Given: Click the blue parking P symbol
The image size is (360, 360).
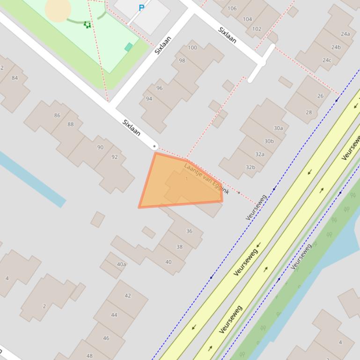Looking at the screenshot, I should [x=141, y=7].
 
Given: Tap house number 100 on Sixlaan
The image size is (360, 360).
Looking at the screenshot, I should [x=192, y=47].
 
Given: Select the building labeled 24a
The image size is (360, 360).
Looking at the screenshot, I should [x=345, y=34].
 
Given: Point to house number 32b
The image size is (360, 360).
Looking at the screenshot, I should [x=250, y=167].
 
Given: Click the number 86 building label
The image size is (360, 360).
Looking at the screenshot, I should [x=57, y=115].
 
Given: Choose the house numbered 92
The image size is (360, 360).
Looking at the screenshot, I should [x=114, y=157].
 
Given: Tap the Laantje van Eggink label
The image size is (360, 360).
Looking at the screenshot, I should [x=206, y=178].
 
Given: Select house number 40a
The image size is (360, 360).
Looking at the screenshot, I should [x=121, y=264].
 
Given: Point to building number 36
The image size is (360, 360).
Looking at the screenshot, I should [x=189, y=230].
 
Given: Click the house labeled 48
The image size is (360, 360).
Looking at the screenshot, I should [x=89, y=355].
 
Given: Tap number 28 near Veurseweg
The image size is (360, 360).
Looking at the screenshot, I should [x=309, y=112].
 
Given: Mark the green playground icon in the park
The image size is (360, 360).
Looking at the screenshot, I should [x=87, y=25].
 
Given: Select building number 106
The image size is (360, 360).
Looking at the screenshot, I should [x=232, y=8].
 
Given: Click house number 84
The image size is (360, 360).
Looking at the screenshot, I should [x=15, y=78].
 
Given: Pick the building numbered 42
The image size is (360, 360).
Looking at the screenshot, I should [x=127, y=295].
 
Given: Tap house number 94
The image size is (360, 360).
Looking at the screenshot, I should [x=149, y=99].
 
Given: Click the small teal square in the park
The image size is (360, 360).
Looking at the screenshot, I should [x=129, y=47].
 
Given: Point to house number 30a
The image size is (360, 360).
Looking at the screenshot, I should [x=278, y=128].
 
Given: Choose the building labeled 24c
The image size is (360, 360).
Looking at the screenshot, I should [x=327, y=60].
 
